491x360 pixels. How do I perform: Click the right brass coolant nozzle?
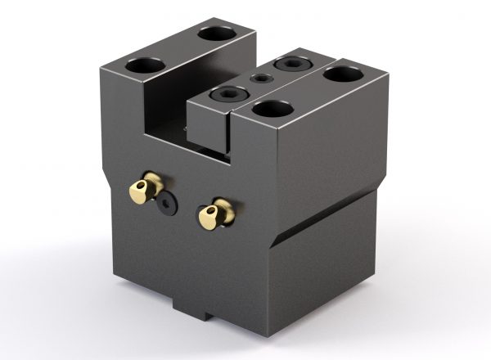coord(214,214)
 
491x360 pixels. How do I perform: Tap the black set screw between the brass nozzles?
coord(168,205)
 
